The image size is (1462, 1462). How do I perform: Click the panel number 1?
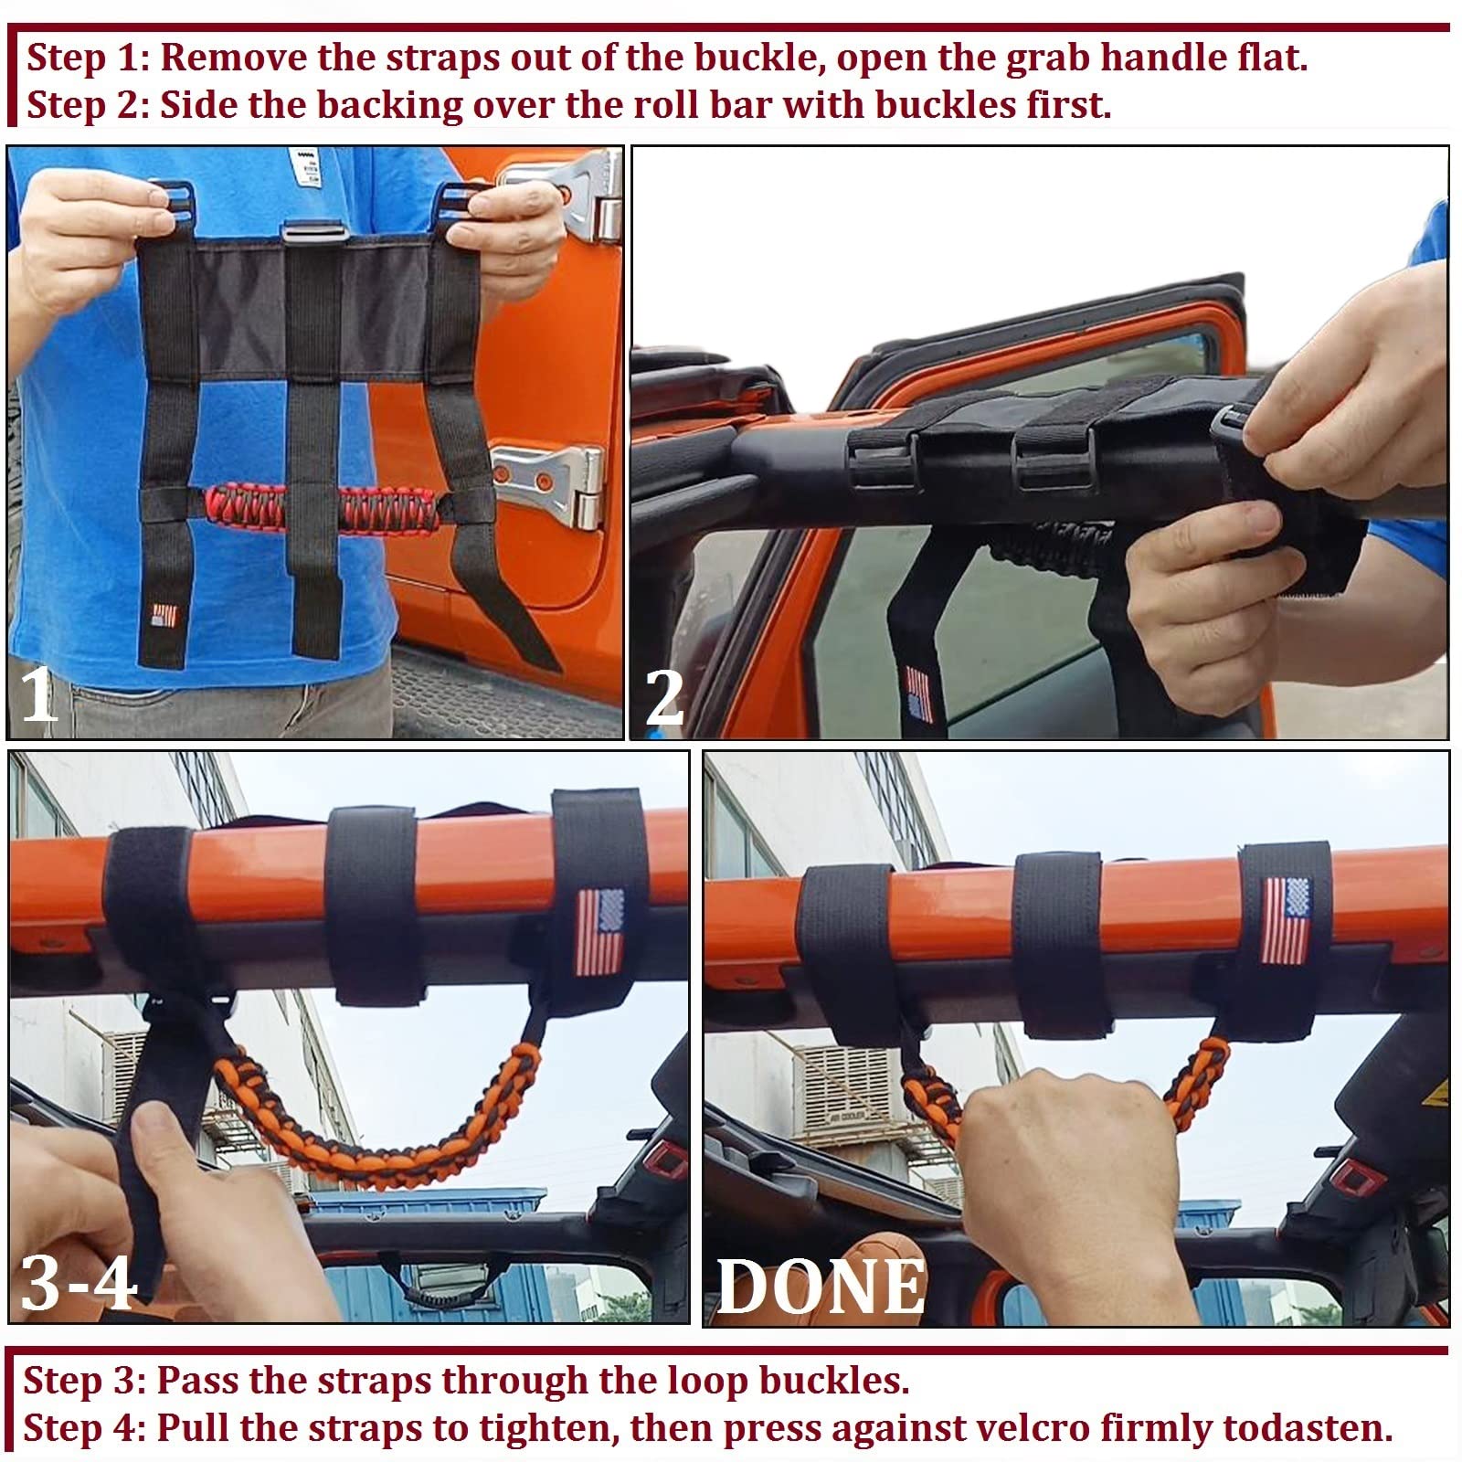point(38,694)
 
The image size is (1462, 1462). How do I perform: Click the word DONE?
point(820,1287)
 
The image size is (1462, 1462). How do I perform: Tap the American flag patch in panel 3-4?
point(599,932)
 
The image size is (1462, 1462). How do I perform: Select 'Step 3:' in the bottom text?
point(84,1380)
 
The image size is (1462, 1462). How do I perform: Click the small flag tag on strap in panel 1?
point(164,614)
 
